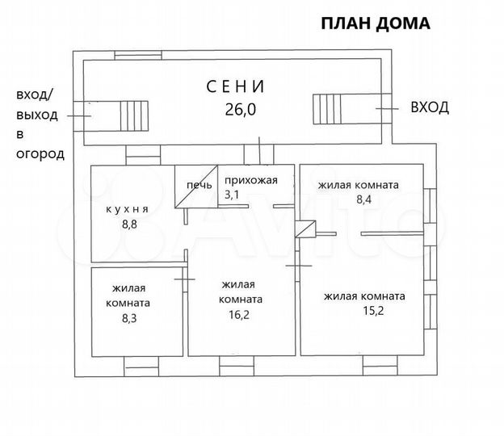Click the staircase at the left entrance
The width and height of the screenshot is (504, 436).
click(134, 114)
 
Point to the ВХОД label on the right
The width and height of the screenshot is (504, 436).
click(430, 107)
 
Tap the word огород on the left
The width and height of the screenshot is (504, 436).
click(40, 153)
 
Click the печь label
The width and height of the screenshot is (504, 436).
click(199, 186)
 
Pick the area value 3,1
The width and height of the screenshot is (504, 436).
click(233, 195)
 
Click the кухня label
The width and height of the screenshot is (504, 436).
click(128, 209)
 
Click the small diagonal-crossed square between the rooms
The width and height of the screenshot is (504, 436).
click(305, 229)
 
